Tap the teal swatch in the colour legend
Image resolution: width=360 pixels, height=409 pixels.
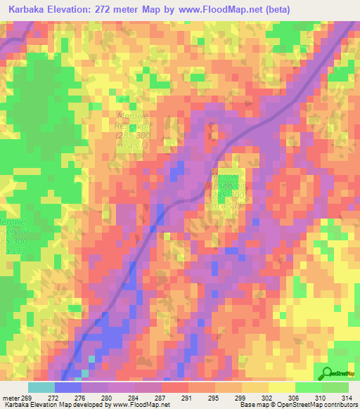[x=41, y=387]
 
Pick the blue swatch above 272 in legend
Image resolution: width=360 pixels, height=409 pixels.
[x=68, y=387]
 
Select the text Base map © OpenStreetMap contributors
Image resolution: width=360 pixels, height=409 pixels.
[x=297, y=405]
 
